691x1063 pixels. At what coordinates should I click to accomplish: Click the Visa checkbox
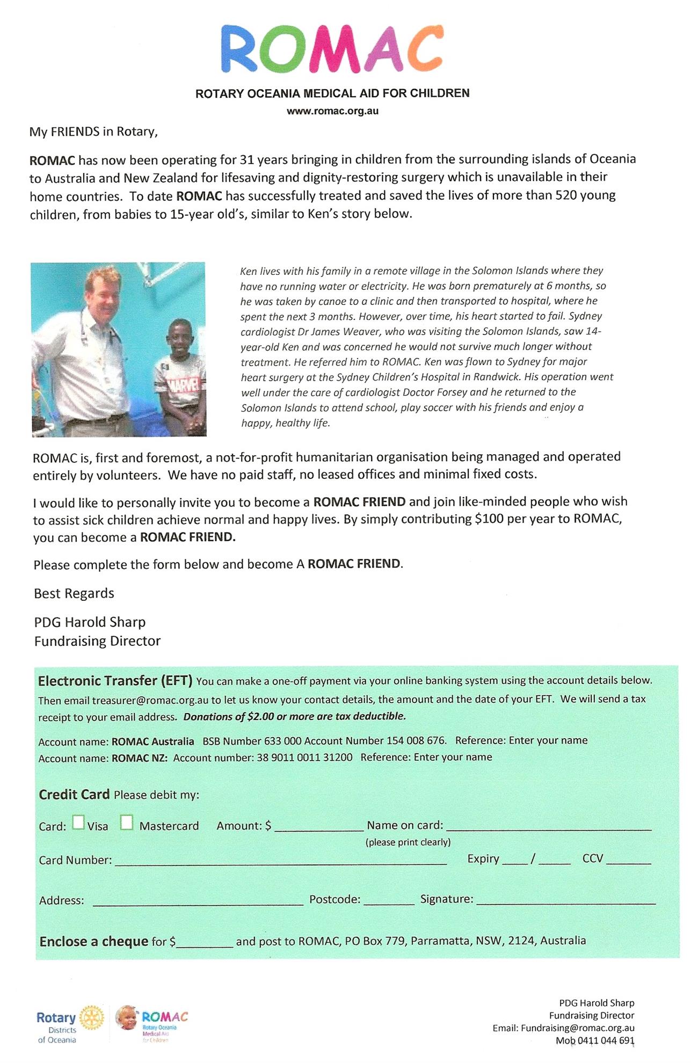click(x=78, y=822)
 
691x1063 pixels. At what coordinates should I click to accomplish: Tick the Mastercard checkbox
click(x=127, y=822)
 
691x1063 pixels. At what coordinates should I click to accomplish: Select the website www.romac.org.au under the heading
click(x=332, y=112)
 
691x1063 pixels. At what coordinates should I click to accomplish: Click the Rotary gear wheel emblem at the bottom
click(x=92, y=1018)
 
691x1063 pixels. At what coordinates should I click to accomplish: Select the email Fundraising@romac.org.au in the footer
click(x=578, y=1028)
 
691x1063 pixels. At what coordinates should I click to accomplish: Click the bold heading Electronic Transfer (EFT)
click(x=115, y=681)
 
